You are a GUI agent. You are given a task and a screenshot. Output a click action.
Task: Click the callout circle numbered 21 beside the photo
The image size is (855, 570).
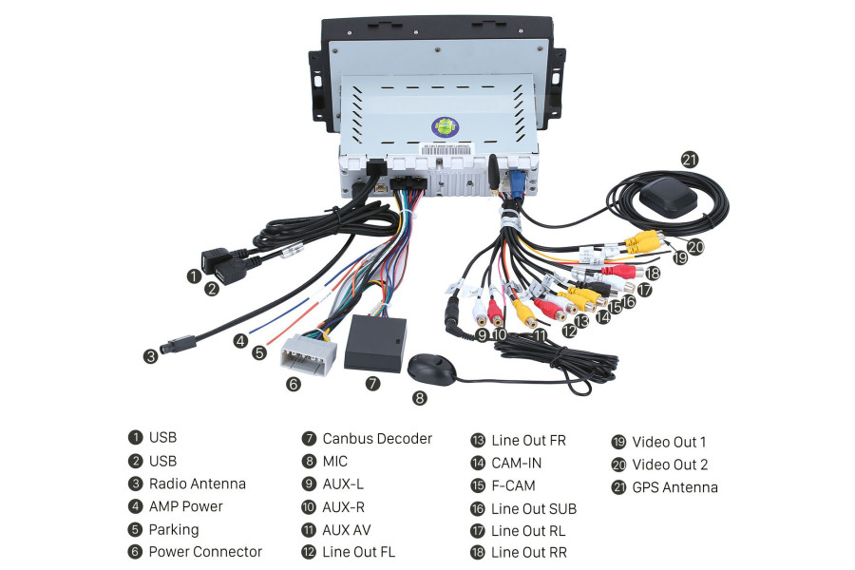690,160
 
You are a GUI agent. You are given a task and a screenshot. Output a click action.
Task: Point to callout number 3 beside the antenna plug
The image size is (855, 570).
151,357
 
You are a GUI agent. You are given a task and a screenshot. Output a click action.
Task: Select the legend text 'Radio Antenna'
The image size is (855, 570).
197,484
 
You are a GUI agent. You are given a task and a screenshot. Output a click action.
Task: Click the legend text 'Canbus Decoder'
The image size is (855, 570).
376,439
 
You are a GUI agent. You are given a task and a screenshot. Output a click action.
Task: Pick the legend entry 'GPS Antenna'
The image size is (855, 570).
674,487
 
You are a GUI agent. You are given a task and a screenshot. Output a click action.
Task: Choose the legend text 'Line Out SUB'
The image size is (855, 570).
533,508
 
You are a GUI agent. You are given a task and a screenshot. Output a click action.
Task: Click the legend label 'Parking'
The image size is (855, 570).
174,529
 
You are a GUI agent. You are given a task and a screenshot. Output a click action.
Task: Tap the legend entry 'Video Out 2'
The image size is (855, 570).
669,465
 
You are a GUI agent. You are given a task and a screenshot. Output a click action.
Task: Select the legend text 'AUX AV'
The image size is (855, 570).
346,530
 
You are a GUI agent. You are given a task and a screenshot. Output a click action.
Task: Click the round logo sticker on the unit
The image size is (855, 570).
444,125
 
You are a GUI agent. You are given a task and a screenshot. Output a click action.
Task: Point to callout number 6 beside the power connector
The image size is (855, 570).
293,384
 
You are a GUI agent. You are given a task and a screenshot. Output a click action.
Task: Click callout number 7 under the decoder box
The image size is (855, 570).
372,384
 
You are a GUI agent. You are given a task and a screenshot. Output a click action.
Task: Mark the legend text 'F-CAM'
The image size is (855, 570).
513,485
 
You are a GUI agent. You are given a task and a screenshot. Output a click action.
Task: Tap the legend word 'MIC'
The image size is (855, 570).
334,462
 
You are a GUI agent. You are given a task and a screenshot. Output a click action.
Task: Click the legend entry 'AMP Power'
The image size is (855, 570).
185,506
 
